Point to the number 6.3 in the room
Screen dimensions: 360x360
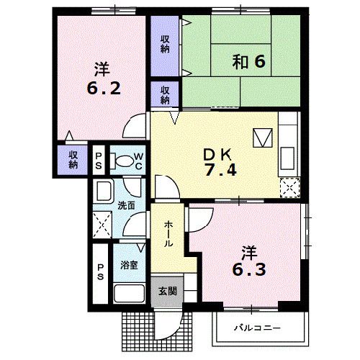(x=248, y=272)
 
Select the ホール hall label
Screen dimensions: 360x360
(x=168, y=235)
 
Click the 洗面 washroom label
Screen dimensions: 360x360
(x=127, y=205)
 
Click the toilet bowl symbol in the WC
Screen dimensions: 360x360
(x=125, y=162)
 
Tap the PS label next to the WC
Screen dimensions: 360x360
(x=99, y=161)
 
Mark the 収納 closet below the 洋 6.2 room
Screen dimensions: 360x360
(x=73, y=159)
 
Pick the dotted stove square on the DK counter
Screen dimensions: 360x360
(x=289, y=186)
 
